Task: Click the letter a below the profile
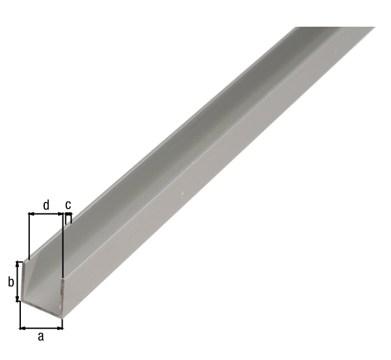(x=41, y=337)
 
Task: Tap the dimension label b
(x=10, y=282)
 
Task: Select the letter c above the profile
(x=68, y=205)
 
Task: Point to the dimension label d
(x=46, y=205)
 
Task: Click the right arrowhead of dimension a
(x=60, y=328)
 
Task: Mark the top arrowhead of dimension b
(x=18, y=264)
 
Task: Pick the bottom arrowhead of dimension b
(x=18, y=298)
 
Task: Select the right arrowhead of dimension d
(x=60, y=214)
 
